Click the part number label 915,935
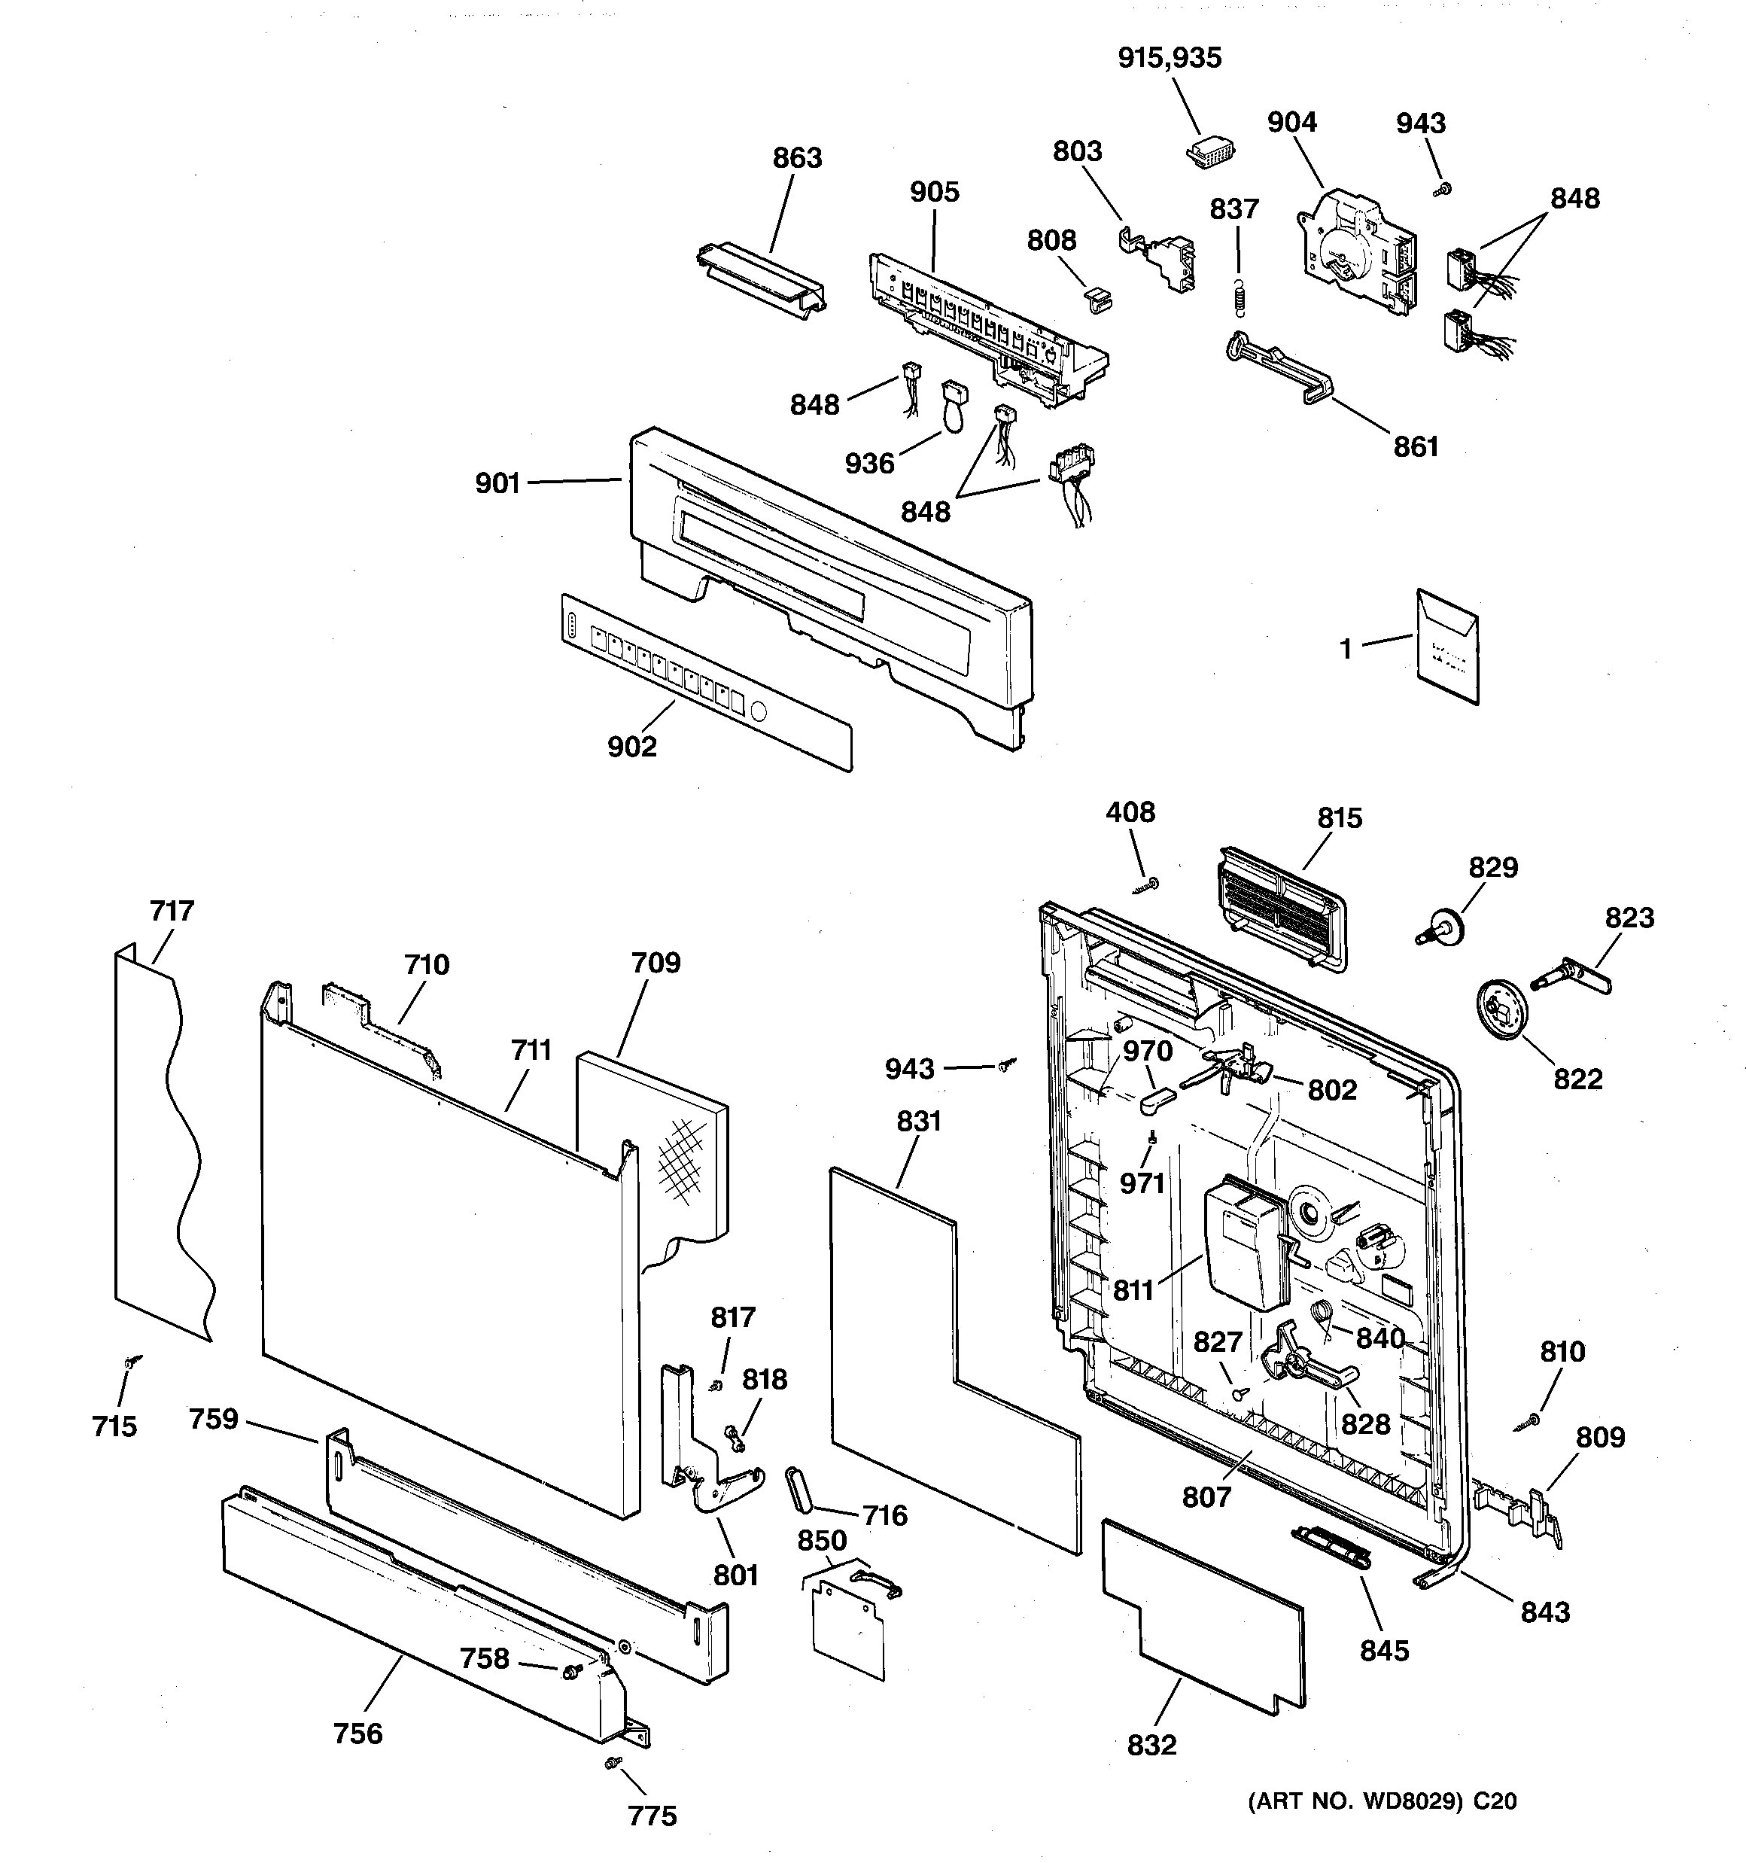click(x=1170, y=58)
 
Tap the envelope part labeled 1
click(x=1447, y=647)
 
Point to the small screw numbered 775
click(x=614, y=1763)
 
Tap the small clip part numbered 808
click(x=1097, y=297)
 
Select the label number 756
click(x=358, y=1734)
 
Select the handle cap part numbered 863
click(x=761, y=280)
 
